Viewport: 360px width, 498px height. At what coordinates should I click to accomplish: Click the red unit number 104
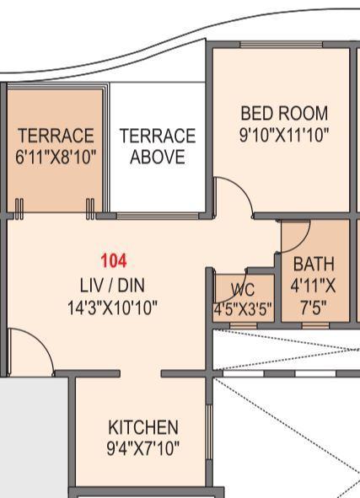pyautogui.click(x=113, y=261)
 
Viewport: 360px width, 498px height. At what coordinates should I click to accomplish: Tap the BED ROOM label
pyautogui.click(x=284, y=113)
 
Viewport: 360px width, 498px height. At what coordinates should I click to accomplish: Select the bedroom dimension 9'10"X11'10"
pyautogui.click(x=284, y=133)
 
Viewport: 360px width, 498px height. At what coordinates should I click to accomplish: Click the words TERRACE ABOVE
pyautogui.click(x=157, y=147)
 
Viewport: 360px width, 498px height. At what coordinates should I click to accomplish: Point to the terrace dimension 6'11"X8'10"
pyautogui.click(x=56, y=157)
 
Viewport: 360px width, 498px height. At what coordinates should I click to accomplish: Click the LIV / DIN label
pyautogui.click(x=113, y=285)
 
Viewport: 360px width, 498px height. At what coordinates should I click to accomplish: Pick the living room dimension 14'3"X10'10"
pyautogui.click(x=113, y=308)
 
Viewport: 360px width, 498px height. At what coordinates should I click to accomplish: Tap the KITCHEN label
pyautogui.click(x=143, y=426)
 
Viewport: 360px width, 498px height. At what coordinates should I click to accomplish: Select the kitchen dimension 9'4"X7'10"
pyautogui.click(x=143, y=448)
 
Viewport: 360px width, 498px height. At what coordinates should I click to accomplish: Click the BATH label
pyautogui.click(x=314, y=265)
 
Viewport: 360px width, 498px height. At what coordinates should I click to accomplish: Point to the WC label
pyautogui.click(x=243, y=290)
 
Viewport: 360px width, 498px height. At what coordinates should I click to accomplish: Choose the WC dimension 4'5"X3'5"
pyautogui.click(x=243, y=308)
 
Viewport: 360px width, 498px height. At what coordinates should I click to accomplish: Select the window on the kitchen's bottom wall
pyautogui.click(x=141, y=489)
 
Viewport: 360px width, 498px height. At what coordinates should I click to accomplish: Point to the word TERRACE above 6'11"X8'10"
pyautogui.click(x=56, y=136)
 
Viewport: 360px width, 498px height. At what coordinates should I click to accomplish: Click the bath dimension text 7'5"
pyautogui.click(x=314, y=308)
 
